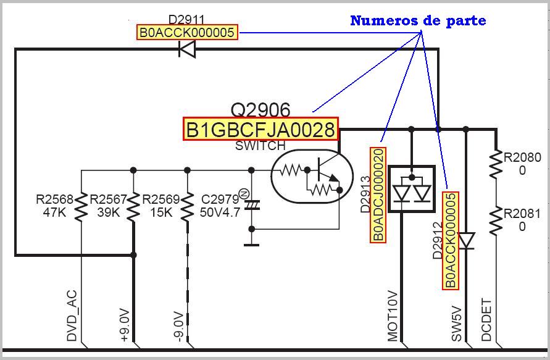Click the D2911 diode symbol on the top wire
(x=187, y=49)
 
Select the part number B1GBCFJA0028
(x=260, y=130)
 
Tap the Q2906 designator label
(x=260, y=110)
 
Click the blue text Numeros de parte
(x=418, y=20)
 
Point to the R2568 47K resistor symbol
(x=81, y=207)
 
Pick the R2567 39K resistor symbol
(x=133, y=207)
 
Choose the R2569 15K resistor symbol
(x=187, y=207)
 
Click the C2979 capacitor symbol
(x=251, y=204)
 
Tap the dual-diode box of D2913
(x=412, y=190)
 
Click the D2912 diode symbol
(x=467, y=240)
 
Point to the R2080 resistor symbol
(x=496, y=164)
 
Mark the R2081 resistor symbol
(x=496, y=221)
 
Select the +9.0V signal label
(x=125, y=325)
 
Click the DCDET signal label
(x=486, y=319)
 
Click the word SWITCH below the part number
(x=260, y=146)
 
